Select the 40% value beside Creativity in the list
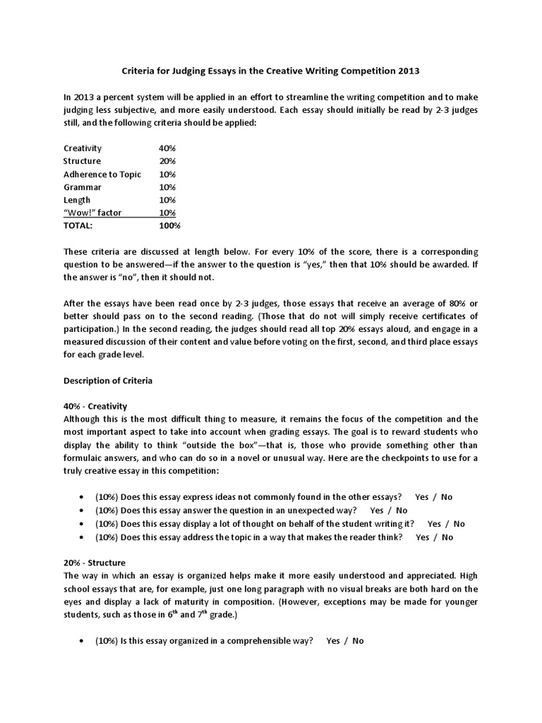167,148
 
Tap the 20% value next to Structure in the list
167,161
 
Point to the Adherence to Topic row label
102,174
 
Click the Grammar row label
82,187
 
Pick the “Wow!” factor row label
92,213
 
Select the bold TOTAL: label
78,226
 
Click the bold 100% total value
170,226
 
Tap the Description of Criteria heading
108,380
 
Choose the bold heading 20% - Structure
95,563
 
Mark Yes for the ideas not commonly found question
422,497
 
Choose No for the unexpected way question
402,510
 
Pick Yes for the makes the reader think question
423,537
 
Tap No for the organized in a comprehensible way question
358,641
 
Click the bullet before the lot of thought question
85,524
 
